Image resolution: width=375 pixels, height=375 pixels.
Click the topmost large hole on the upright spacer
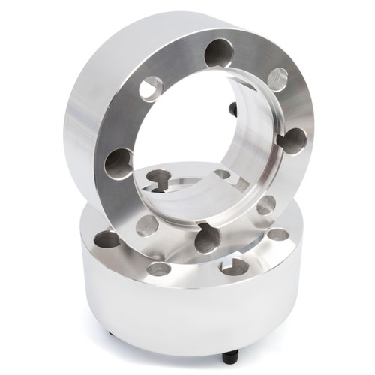[x=218, y=52]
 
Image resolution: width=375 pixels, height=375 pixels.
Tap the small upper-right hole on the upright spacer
[x=277, y=79]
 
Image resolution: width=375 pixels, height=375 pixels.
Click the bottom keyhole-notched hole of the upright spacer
[x=208, y=238]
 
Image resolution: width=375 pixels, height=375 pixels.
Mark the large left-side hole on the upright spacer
[x=118, y=163]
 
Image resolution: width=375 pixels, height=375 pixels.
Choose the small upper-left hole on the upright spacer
[x=151, y=88]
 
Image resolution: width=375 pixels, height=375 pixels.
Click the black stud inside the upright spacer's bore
[x=233, y=109]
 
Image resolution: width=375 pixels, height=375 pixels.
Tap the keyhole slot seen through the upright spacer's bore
[x=159, y=180]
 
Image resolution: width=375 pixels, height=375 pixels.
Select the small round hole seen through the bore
[x=222, y=174]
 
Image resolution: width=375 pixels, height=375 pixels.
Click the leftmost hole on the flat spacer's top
[x=107, y=239]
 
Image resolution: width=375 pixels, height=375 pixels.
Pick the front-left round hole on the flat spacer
[x=158, y=268]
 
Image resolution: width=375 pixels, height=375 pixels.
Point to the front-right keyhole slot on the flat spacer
[x=233, y=265]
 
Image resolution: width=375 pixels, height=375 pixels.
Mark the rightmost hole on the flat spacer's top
[x=278, y=234]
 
